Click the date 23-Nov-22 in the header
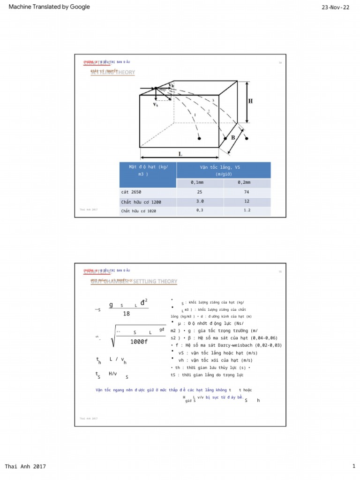[335, 7]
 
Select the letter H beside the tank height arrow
[250, 101]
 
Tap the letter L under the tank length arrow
[180, 154]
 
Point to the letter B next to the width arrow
[232, 138]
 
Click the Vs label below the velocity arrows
[156, 105]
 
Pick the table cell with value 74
[247, 193]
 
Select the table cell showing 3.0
[200, 202]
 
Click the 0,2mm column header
[247, 183]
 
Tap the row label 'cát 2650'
[131, 193]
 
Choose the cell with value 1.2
[247, 210]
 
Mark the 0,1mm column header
[200, 183]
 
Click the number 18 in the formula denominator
[126, 314]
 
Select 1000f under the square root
[139, 342]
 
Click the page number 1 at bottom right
[354, 466]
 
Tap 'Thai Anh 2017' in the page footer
[25, 466]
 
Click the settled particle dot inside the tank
[199, 139]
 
